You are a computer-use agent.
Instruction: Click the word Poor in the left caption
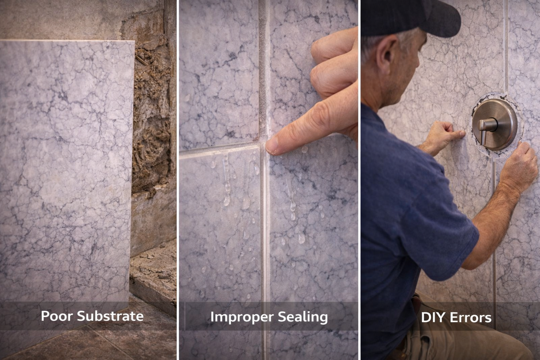[57, 316]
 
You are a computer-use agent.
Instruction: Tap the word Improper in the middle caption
[238, 317]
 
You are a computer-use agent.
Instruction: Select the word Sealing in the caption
[303, 317]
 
